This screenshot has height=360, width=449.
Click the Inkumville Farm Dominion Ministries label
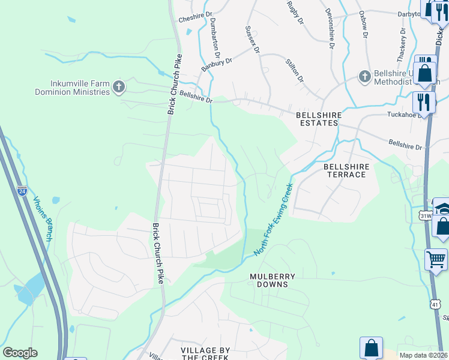pyautogui.click(x=72, y=88)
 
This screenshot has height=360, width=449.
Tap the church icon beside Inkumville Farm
pyautogui.click(x=119, y=88)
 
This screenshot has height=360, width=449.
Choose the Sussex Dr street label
pyautogui.click(x=252, y=40)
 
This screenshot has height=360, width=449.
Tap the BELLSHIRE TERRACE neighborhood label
pyautogui.click(x=345, y=170)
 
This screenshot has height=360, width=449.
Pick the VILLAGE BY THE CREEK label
pyautogui.click(x=206, y=353)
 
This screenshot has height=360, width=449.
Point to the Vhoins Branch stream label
pyautogui.click(x=43, y=219)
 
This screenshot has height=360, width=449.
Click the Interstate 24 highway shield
pyautogui.click(x=22, y=191)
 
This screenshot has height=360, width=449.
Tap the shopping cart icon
pyautogui.click(x=436, y=259)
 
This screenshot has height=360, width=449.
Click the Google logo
pyautogui.click(x=20, y=352)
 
